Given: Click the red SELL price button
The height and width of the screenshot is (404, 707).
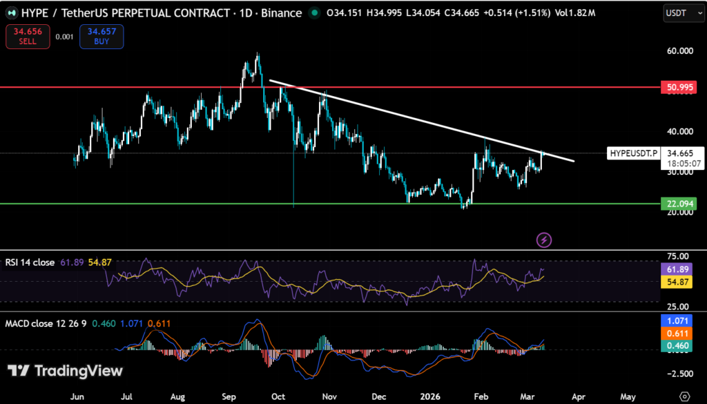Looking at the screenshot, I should (28, 37).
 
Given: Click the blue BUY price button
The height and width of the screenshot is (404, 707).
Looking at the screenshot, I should (101, 37).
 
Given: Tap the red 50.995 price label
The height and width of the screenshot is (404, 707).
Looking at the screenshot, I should (677, 88).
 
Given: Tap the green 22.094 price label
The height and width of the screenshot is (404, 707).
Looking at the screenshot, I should (677, 204).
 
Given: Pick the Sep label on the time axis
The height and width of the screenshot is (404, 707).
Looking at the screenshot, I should (230, 397).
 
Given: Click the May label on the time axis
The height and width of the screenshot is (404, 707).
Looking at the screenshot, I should (628, 397).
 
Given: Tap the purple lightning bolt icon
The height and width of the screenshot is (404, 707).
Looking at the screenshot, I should (545, 240).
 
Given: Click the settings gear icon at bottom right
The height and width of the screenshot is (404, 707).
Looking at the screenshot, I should (684, 397).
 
